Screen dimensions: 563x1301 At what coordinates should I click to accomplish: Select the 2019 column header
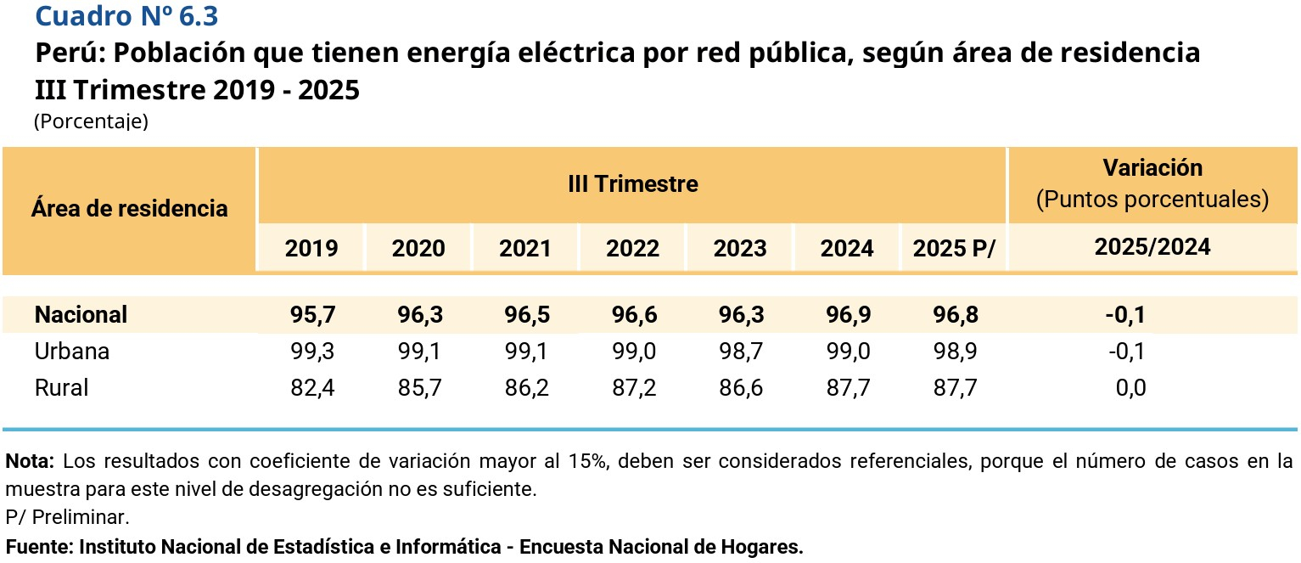click(x=311, y=248)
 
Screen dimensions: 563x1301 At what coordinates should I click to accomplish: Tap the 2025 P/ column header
click(x=954, y=248)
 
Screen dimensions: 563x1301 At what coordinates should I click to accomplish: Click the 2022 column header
click(x=632, y=248)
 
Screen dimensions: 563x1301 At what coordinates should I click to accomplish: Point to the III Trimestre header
click(x=632, y=183)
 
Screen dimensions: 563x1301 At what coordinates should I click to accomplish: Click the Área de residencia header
click(x=129, y=208)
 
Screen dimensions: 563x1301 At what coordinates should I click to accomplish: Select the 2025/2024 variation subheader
click(x=1152, y=247)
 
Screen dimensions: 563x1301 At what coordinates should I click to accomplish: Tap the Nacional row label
click(x=81, y=314)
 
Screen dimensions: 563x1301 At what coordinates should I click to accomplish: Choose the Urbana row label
click(x=72, y=351)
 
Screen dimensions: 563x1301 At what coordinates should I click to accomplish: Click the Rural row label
click(x=62, y=388)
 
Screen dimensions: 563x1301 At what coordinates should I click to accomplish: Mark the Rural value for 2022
click(x=632, y=388)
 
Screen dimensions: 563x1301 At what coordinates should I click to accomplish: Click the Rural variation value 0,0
click(x=1130, y=388)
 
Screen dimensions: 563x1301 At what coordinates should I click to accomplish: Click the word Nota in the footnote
click(x=30, y=462)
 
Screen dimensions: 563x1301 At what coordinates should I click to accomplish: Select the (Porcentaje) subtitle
click(x=91, y=121)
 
